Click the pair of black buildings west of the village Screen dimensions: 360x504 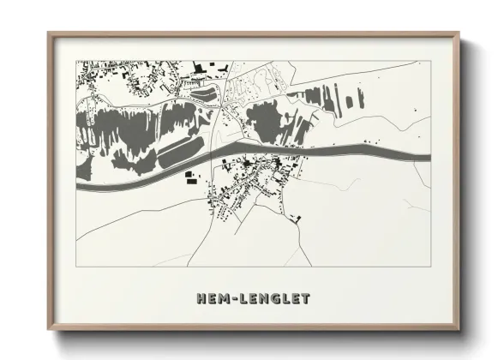coord(189,178)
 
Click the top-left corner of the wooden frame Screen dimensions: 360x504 coord(49,34)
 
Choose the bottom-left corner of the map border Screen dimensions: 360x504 coord(77,267)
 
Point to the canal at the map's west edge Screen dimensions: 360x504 coord(79,184)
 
